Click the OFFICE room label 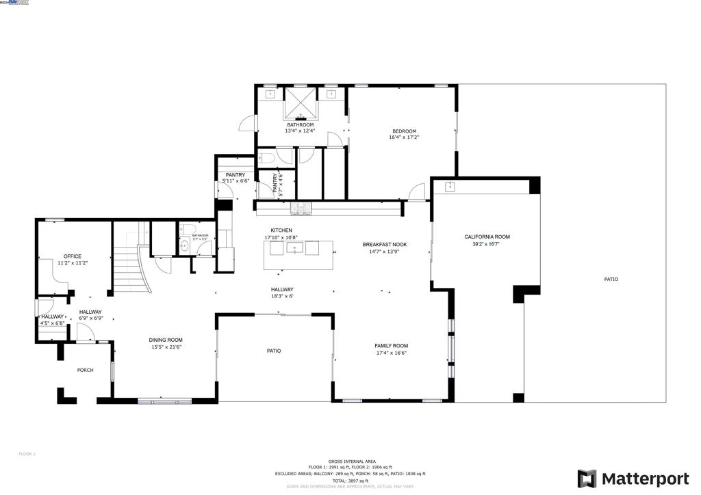(x=73, y=256)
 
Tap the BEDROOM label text (x=404, y=131)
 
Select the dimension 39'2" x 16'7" (x=487, y=244)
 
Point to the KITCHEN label (x=281, y=230)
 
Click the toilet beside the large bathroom (x=268, y=158)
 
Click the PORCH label (x=85, y=370)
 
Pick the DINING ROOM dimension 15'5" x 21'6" (x=166, y=347)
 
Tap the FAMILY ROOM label (x=391, y=346)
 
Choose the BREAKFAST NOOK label (x=385, y=244)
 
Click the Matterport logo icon (x=587, y=479)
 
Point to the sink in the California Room (x=451, y=187)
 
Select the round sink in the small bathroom (x=184, y=245)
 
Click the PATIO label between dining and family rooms (x=274, y=351)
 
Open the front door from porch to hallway (x=85, y=335)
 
